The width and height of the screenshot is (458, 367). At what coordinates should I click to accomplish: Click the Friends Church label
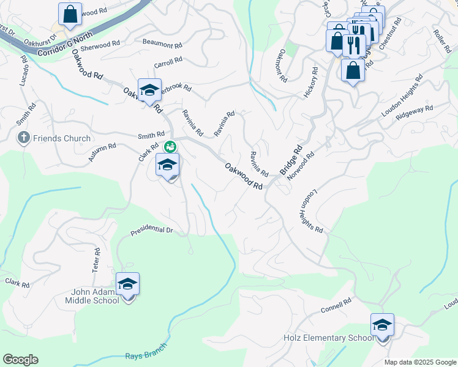click(62, 138)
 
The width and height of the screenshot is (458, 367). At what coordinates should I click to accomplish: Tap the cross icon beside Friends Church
click(24, 137)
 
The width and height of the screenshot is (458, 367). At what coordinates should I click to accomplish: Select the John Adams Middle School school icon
click(128, 284)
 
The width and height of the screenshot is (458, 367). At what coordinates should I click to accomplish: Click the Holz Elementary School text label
click(328, 338)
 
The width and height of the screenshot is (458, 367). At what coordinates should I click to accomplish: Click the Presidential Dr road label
click(152, 231)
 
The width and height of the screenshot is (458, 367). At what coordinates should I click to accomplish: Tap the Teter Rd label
click(97, 260)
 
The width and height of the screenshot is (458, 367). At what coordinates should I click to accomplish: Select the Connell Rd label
click(336, 306)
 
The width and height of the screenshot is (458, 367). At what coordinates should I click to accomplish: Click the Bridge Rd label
click(292, 160)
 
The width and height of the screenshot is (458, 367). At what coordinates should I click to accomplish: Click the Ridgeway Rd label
click(414, 112)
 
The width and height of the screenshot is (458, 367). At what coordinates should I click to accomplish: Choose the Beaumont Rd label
click(162, 45)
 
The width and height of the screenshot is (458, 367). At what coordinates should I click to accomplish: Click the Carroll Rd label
click(168, 62)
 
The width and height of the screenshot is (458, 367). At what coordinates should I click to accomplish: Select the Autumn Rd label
click(102, 152)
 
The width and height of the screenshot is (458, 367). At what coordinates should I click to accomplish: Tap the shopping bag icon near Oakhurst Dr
click(70, 14)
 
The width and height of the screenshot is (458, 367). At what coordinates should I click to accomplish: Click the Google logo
click(20, 360)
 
